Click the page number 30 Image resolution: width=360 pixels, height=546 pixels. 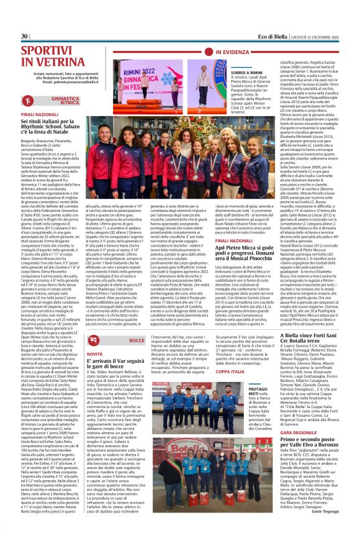tap(25, 36)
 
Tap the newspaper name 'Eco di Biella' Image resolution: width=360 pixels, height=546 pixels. tap(258, 36)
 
